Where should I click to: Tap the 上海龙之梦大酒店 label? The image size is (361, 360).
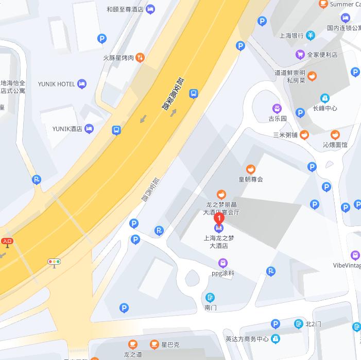click(x=219, y=242)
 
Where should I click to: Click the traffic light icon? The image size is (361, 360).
click(x=54, y=262)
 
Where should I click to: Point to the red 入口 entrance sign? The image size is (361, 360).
click(x=7, y=241)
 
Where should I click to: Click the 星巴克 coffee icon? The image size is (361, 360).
click(x=154, y=344)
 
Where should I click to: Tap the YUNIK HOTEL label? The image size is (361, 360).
click(x=57, y=84)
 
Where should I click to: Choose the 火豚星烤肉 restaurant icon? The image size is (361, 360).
click(x=140, y=58)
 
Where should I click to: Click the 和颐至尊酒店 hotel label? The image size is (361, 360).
click(x=125, y=9)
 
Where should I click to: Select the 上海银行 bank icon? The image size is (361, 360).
click(x=311, y=36)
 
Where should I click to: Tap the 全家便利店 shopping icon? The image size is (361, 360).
click(x=300, y=54)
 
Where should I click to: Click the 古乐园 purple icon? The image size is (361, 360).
click(x=277, y=108)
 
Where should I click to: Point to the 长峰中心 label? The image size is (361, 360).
click(x=324, y=108)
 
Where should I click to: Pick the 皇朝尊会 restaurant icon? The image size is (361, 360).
click(x=251, y=168)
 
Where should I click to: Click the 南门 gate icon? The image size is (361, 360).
click(x=210, y=297)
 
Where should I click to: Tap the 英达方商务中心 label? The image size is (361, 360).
click(x=247, y=339)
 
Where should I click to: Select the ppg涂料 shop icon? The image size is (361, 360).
click(x=222, y=263)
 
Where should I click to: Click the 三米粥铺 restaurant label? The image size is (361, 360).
click(x=285, y=135)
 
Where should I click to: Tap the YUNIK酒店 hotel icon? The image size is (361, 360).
click(x=90, y=128)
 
